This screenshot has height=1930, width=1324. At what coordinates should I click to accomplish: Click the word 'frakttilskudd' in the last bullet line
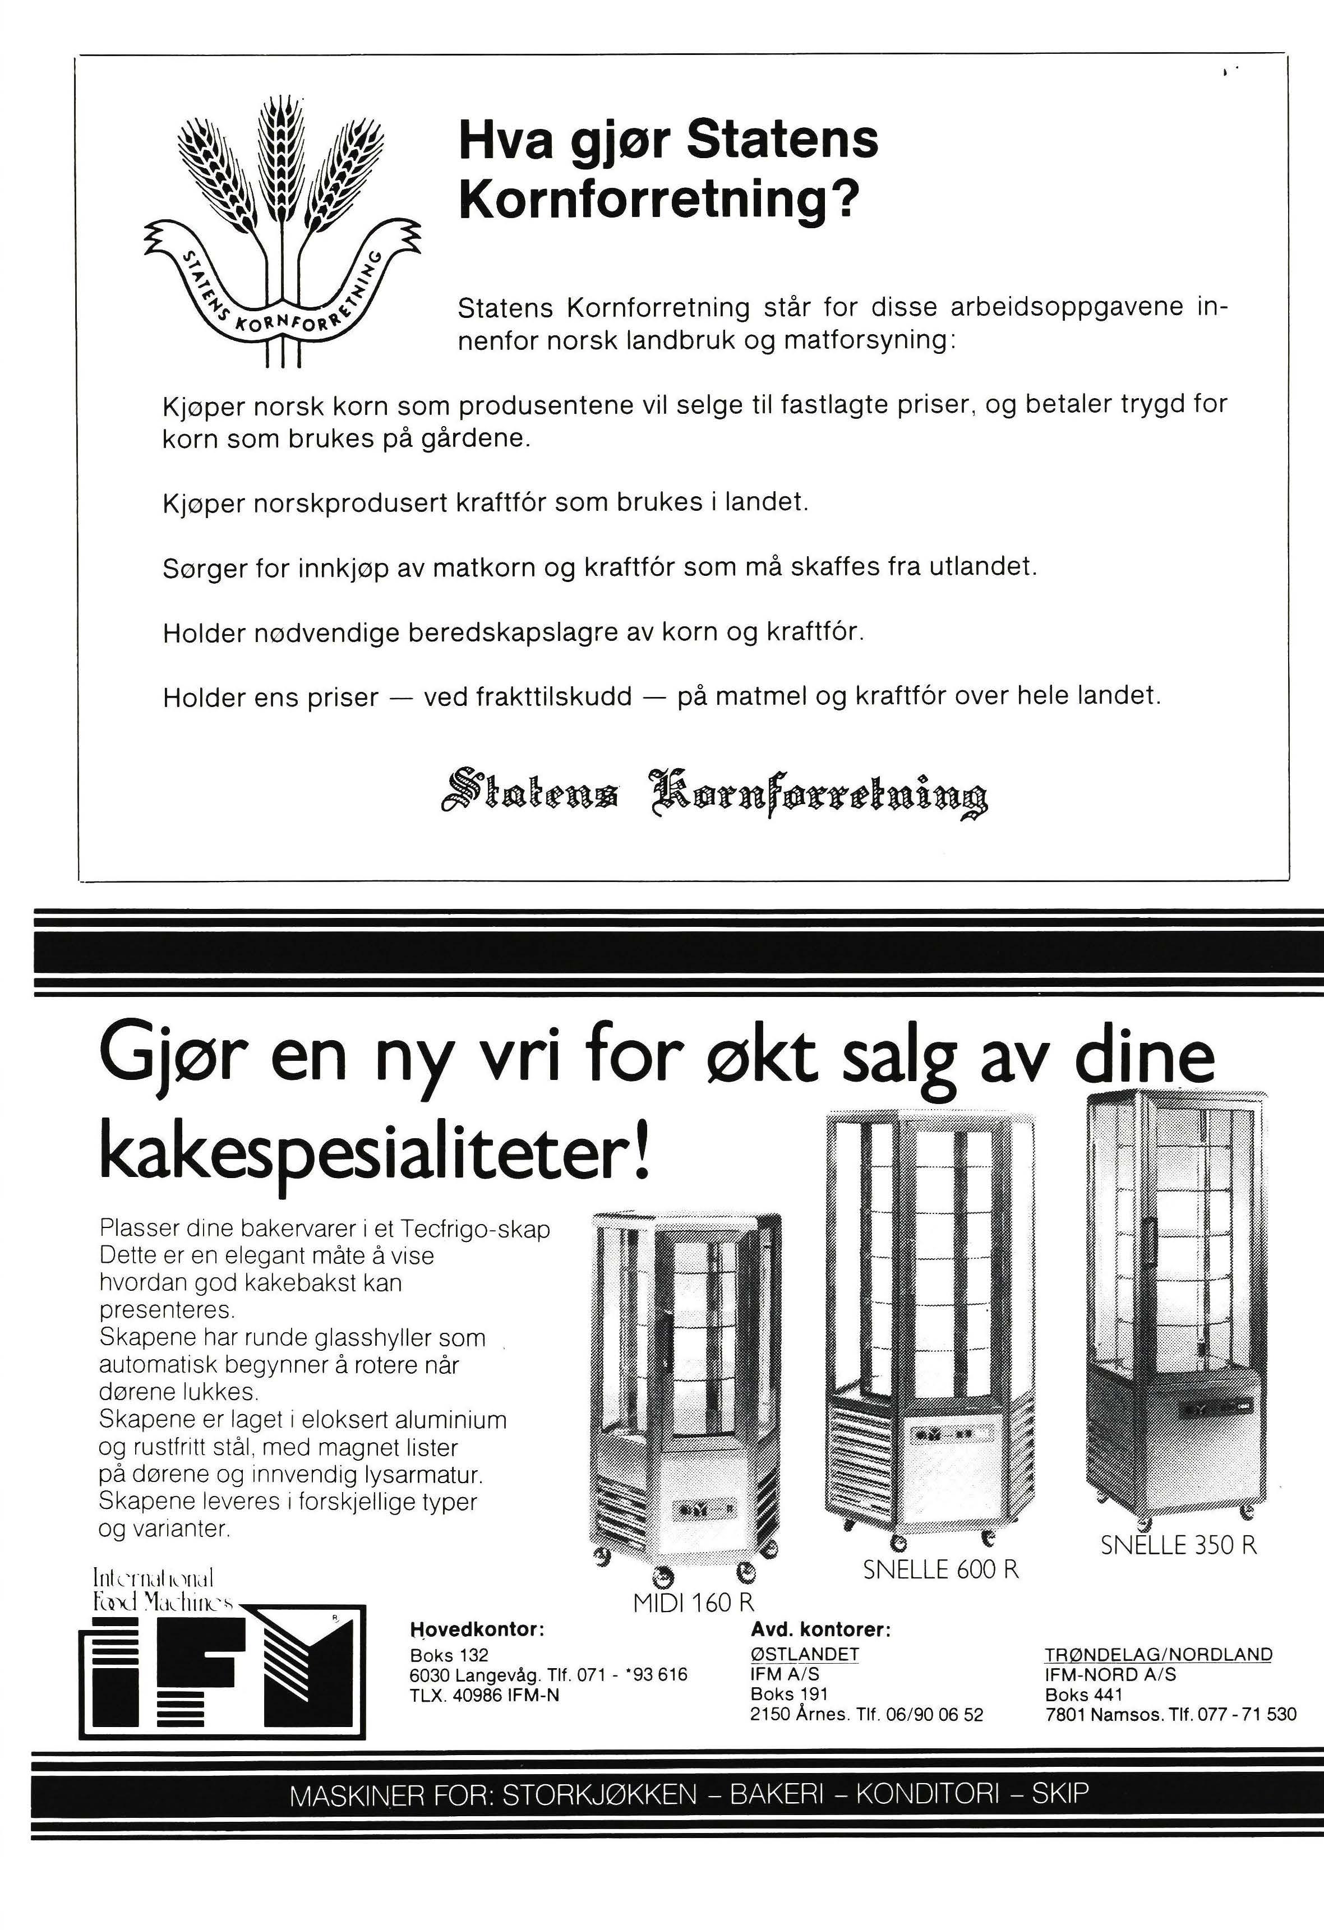[528, 696]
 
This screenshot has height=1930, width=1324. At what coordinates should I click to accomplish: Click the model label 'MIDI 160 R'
[693, 1601]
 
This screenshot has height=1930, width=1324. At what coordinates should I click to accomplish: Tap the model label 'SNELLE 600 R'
[940, 1569]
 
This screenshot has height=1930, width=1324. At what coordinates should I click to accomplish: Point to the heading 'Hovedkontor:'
[477, 1629]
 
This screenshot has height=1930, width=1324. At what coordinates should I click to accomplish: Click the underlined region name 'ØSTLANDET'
[804, 1654]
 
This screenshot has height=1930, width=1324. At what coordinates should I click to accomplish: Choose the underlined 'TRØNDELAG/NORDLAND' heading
[1158, 1654]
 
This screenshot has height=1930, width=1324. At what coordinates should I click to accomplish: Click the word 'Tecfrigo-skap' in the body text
[475, 1228]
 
